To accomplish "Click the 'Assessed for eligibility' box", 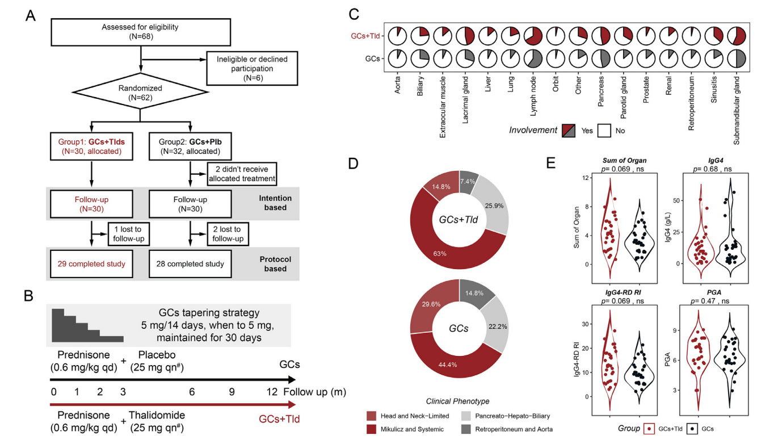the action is tap(141, 32).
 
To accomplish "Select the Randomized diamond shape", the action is tap(140, 93).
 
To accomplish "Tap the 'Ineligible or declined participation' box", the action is tap(252, 69).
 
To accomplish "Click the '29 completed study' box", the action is tap(91, 264).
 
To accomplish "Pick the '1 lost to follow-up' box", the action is tap(129, 234).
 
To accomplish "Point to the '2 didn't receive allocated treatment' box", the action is tap(242, 174).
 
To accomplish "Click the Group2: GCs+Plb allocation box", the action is tap(190, 146).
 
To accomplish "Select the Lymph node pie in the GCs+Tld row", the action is tap(533, 36).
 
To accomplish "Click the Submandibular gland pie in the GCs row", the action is tap(737, 59).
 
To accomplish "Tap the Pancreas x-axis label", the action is tap(600, 91).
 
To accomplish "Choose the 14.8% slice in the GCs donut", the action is tap(475, 293).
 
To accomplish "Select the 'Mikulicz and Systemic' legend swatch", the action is tap(372, 429).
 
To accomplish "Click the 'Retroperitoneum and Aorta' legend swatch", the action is tap(466, 429).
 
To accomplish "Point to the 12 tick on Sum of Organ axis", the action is tap(585, 178).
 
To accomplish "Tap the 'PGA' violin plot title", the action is tap(714, 292).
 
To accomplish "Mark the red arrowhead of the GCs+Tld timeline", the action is tap(292, 405).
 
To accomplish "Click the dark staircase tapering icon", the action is tap(88, 325).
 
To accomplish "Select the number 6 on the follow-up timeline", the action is tap(192, 392).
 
